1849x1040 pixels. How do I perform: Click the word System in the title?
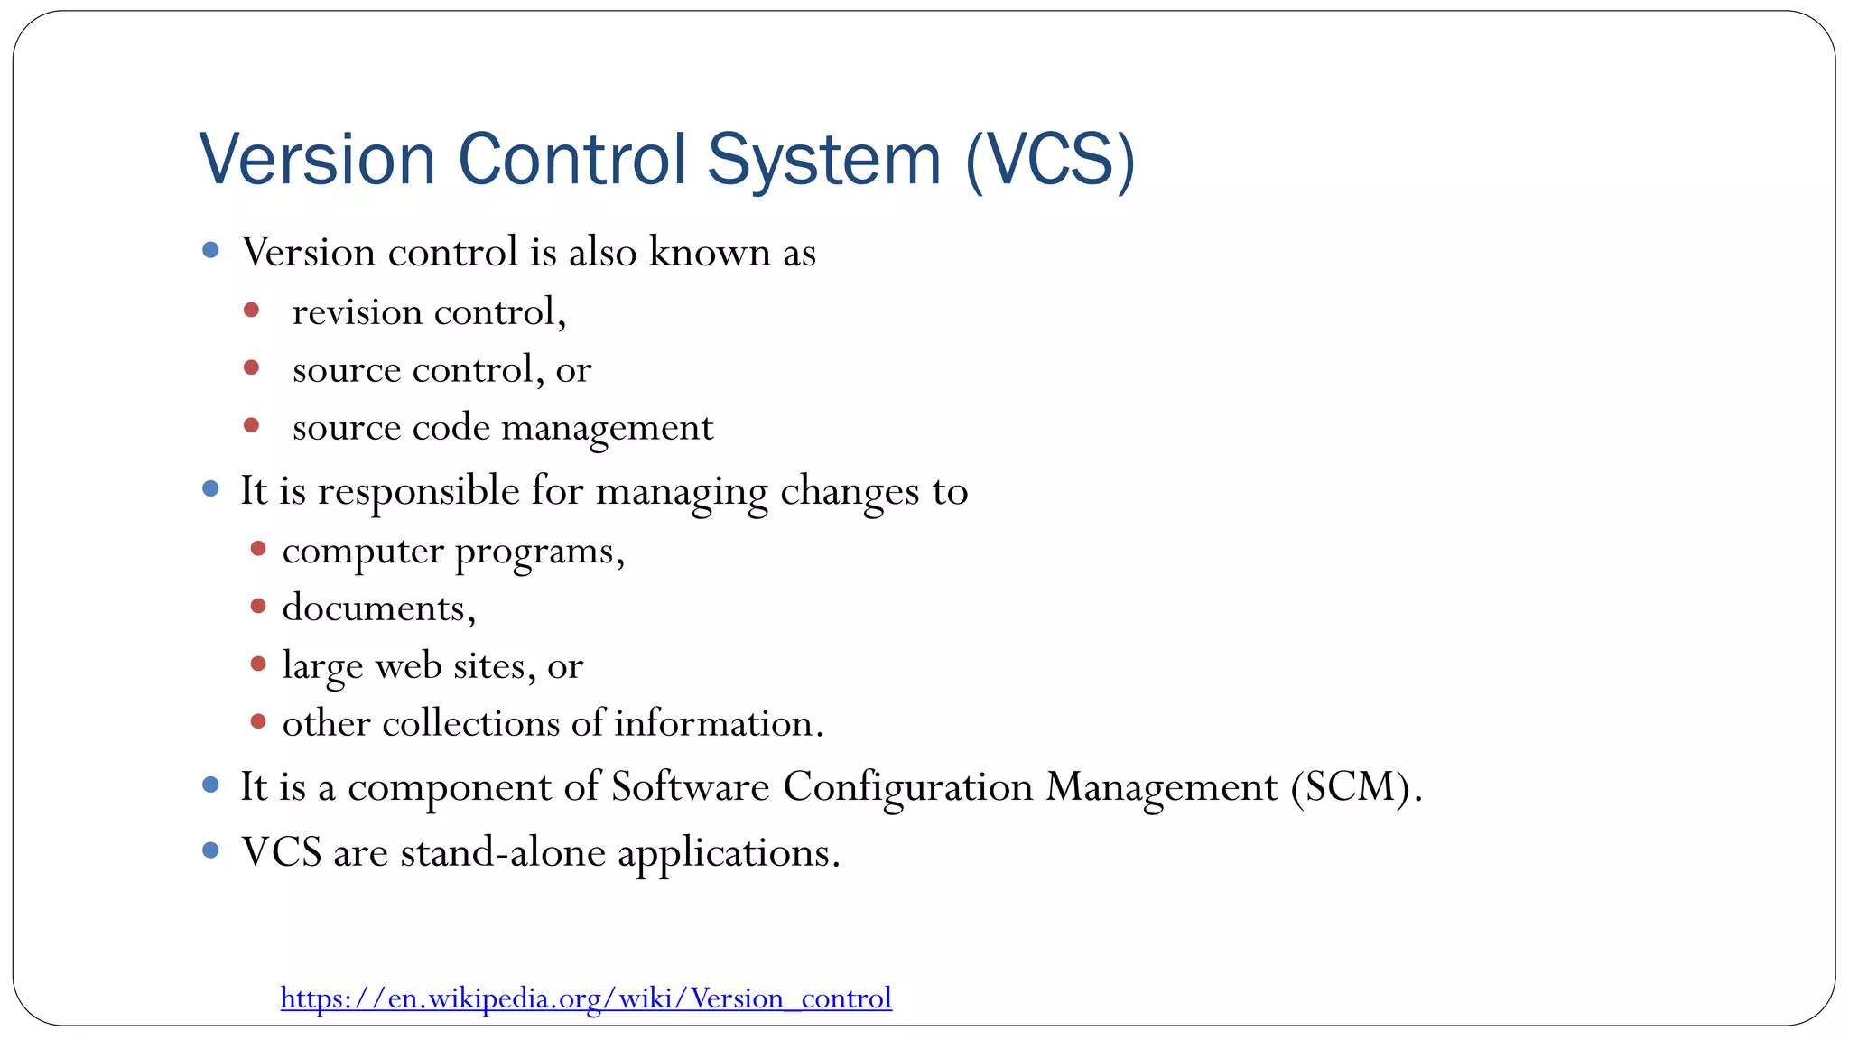tap(823, 161)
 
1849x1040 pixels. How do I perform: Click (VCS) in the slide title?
tap(1050, 161)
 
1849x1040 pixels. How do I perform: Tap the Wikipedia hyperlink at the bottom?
tap(586, 998)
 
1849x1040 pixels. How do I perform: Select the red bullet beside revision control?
tap(252, 311)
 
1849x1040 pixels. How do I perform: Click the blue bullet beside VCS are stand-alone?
tap(211, 850)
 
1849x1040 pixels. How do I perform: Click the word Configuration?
tap(907, 786)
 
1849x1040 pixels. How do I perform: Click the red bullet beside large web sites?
tap(258, 664)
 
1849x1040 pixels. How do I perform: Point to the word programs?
tap(539, 552)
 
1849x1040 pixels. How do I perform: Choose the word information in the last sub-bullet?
tap(718, 724)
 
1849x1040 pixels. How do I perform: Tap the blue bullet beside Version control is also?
tap(211, 250)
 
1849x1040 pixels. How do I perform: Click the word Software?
tap(691, 786)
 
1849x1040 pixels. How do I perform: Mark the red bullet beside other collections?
tap(258, 721)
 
